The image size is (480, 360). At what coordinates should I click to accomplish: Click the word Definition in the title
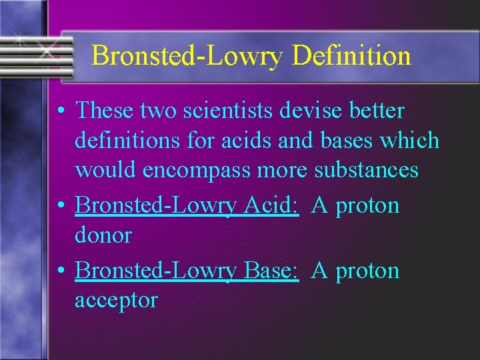click(x=351, y=55)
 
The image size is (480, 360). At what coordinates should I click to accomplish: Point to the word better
click(x=380, y=110)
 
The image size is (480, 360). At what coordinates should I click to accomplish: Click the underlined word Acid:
click(x=270, y=205)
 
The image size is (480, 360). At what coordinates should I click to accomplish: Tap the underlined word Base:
click(x=271, y=270)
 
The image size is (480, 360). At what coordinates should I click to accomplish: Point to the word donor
click(x=103, y=235)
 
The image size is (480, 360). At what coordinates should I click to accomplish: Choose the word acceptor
click(x=116, y=300)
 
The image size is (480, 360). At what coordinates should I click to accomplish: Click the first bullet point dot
click(x=61, y=111)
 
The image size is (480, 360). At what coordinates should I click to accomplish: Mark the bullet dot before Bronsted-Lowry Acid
click(x=61, y=206)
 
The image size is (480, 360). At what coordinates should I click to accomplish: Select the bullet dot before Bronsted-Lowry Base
click(x=61, y=271)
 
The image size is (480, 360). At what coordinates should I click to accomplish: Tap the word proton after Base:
click(x=367, y=271)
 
